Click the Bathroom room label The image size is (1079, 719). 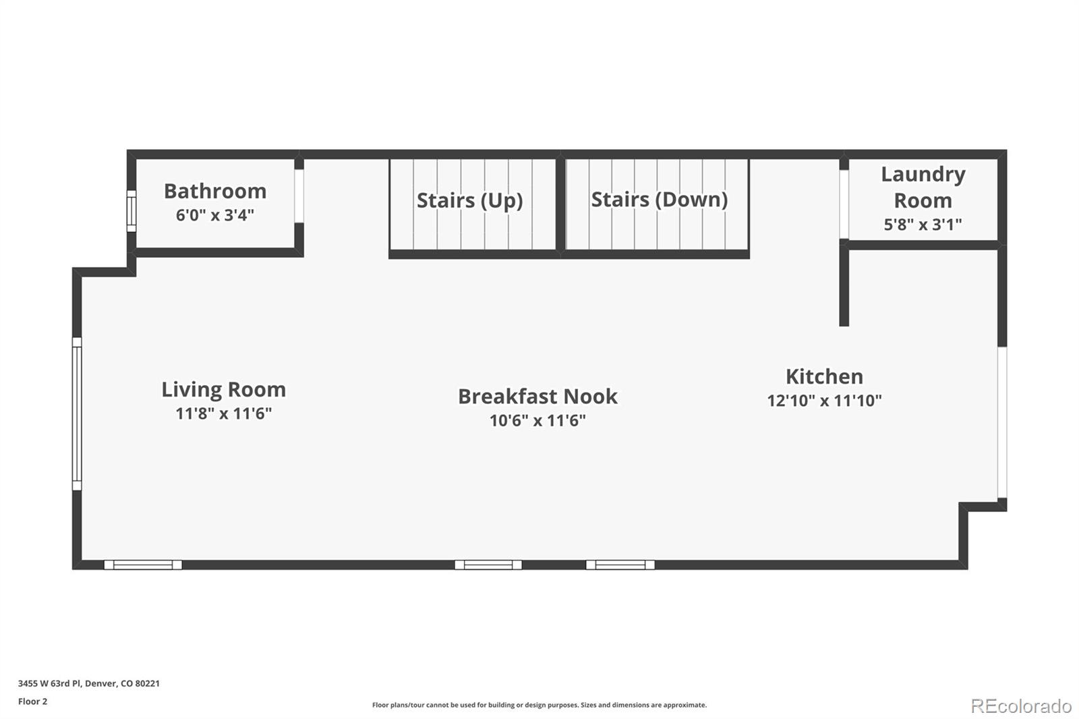(x=215, y=191)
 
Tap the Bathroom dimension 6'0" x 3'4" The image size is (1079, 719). (x=215, y=215)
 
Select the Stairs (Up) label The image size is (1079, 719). (x=469, y=200)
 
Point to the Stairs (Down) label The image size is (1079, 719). (x=659, y=200)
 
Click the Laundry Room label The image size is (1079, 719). (x=923, y=187)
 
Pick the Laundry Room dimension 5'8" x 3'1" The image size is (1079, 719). (x=923, y=225)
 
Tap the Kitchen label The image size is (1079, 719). (x=824, y=376)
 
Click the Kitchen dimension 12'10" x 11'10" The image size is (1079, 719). (x=824, y=401)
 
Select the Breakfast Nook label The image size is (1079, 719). (x=537, y=396)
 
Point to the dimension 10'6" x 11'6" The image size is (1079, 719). (x=537, y=421)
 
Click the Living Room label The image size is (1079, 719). (x=223, y=389)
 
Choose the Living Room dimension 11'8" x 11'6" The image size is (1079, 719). (x=223, y=413)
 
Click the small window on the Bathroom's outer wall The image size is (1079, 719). (x=132, y=210)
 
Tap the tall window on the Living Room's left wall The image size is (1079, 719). (x=77, y=413)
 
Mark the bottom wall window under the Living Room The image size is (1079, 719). (x=143, y=565)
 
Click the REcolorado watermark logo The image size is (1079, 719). (x=1021, y=706)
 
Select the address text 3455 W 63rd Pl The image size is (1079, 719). (x=51, y=683)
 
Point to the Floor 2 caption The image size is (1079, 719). (x=32, y=701)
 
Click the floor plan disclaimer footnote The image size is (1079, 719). (x=539, y=705)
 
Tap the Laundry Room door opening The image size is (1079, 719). (x=844, y=204)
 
